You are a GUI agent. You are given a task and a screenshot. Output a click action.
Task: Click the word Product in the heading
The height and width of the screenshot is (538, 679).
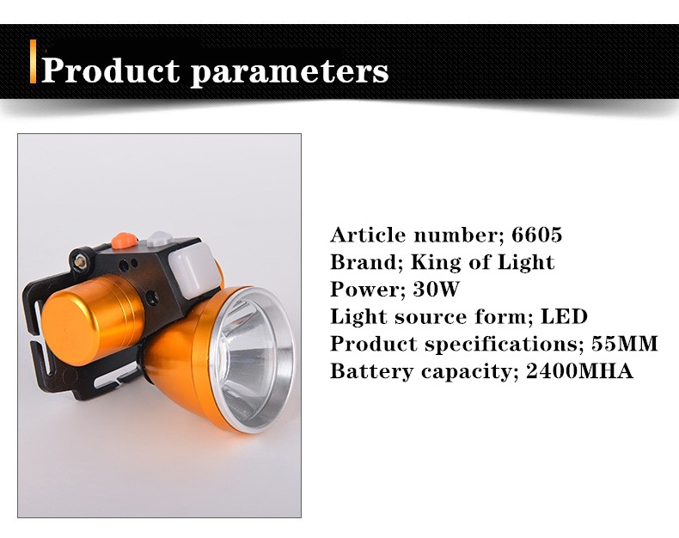(110, 70)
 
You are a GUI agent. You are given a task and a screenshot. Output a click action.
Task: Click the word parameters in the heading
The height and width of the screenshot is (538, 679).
(290, 72)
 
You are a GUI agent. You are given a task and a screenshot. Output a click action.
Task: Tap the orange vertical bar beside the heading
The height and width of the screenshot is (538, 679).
(33, 61)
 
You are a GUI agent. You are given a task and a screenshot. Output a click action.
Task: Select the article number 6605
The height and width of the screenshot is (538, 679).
(537, 235)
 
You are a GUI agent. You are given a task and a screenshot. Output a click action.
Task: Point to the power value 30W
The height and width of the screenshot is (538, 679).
(436, 289)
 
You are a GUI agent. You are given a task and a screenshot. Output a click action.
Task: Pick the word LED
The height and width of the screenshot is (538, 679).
(564, 316)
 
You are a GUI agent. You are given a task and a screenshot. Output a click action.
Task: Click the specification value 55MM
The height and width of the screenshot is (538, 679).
(625, 344)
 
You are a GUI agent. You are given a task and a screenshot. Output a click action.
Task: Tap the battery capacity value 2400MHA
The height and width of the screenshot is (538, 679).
(579, 371)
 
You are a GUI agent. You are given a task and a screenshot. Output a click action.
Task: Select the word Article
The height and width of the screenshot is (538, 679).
(369, 235)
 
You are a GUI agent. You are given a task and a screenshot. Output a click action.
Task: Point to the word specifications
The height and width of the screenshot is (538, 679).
(501, 345)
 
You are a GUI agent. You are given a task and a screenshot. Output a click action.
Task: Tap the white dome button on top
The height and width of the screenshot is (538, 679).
(159, 239)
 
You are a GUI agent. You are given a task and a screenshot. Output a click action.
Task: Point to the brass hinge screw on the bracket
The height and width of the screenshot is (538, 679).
(81, 260)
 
